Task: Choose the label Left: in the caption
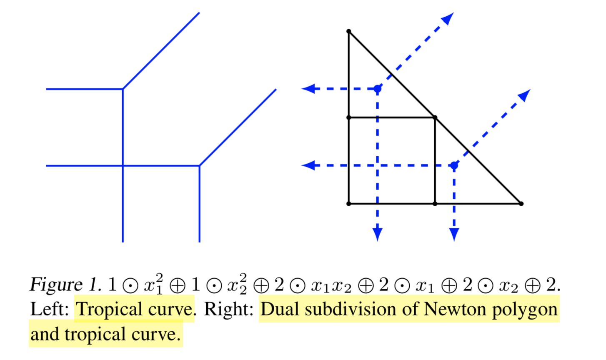[50, 309]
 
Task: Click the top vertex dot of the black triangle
[349, 31]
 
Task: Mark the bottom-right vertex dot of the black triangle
[521, 203]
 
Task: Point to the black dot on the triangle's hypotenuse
[435, 117]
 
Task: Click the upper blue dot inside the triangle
[377, 89]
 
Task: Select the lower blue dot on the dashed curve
[454, 165]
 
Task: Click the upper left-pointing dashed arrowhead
[308, 89]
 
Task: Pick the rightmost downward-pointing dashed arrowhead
[454, 234]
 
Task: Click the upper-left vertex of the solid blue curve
[123, 89]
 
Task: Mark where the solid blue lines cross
[123, 166]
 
